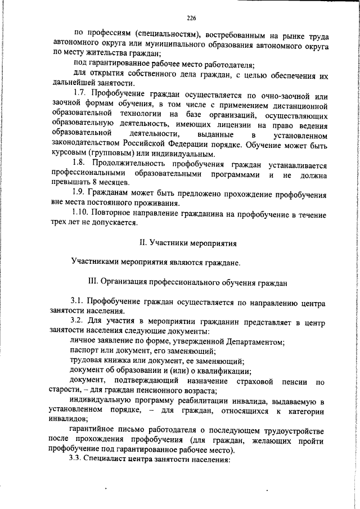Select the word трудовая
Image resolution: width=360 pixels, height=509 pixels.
tap(87, 361)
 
